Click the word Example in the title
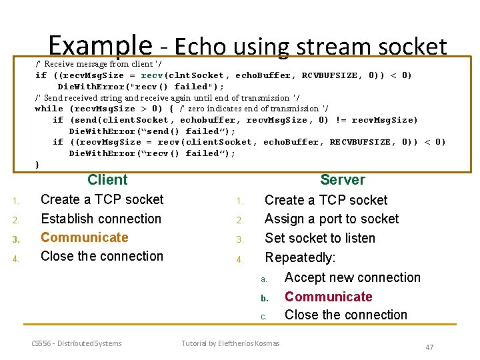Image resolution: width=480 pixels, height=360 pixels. (100, 45)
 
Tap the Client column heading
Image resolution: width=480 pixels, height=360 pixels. (107, 179)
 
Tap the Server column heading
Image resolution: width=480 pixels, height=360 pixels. (342, 180)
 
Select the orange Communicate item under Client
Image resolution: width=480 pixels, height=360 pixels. (85, 237)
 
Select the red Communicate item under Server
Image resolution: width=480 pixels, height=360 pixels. (328, 297)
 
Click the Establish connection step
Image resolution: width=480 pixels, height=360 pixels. (101, 219)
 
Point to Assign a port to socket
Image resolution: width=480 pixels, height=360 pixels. (331, 219)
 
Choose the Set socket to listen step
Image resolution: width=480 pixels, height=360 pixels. (320, 238)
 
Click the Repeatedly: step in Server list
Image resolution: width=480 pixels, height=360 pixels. (301, 257)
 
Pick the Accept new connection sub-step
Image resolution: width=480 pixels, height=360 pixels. (352, 277)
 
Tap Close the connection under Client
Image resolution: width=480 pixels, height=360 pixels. (101, 256)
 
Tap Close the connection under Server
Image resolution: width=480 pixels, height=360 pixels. (345, 315)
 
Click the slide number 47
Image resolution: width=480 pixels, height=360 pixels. (429, 347)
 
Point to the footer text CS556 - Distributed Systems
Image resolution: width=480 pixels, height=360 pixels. (77, 343)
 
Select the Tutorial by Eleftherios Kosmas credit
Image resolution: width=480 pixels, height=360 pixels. (231, 343)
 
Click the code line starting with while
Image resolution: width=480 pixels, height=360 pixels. (181, 109)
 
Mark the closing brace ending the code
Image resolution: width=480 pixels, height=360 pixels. (37, 164)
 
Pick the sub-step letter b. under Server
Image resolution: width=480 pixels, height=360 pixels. (263, 297)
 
